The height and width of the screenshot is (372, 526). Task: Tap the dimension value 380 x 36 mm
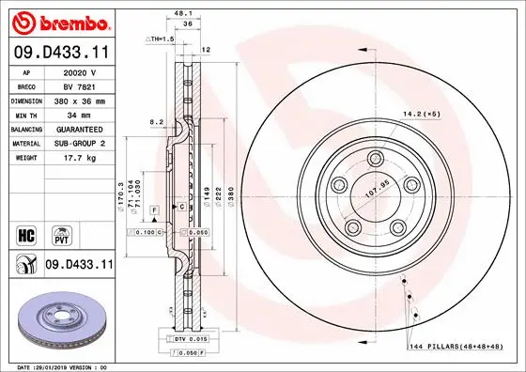(80, 98)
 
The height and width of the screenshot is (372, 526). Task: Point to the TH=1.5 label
(161, 39)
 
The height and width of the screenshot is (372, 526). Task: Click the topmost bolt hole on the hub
(375, 158)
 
